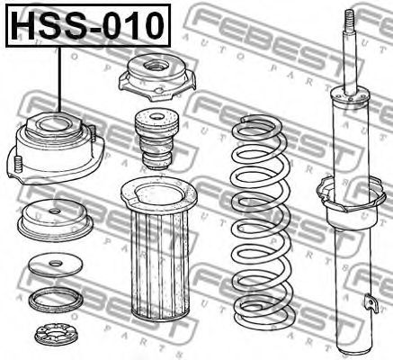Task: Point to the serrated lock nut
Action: pos(53,336)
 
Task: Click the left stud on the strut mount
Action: pos(18,164)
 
